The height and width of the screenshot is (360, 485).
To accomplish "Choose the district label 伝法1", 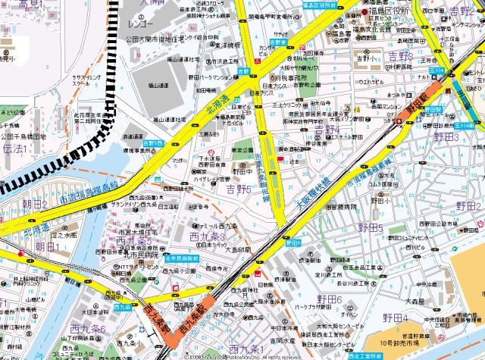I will tap(15, 149).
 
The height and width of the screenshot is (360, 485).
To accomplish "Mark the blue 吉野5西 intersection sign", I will tap(153, 142).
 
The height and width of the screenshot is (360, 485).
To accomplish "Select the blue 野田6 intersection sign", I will tap(293, 242).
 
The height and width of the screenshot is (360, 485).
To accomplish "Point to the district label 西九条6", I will tap(87, 330).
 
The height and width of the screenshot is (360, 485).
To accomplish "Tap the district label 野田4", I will tap(395, 317).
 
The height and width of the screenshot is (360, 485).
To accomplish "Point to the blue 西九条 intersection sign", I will tap(122, 308).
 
